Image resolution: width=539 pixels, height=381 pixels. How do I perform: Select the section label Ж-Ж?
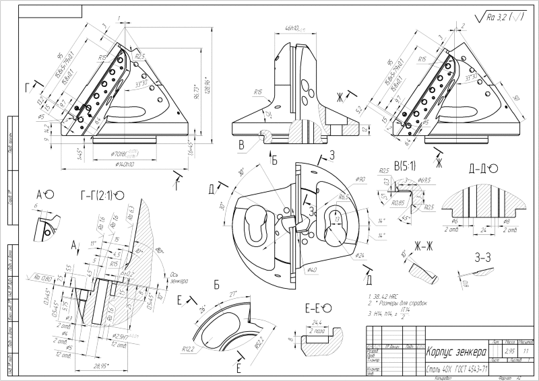423,246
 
